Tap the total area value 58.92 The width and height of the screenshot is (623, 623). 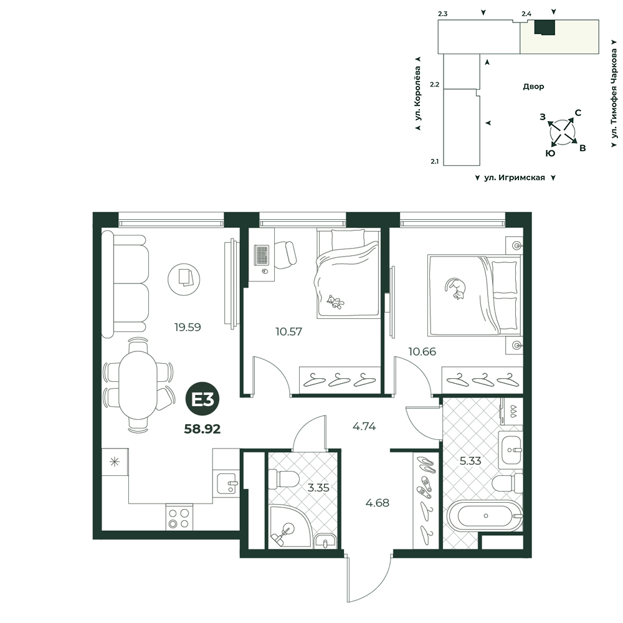tap(202, 429)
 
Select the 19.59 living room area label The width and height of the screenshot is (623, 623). tap(188, 328)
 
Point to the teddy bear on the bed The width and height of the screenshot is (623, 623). tap(335, 302)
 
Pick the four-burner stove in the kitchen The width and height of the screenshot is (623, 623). tap(179, 517)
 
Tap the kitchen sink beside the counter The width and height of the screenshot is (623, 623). tap(227, 483)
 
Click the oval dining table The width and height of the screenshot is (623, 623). tap(138, 385)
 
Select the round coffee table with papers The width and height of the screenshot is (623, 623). tap(184, 279)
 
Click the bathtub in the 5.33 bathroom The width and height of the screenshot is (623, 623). tap(485, 516)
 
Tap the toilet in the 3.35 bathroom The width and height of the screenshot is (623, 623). tap(283, 478)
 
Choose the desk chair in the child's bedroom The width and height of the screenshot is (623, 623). tap(285, 254)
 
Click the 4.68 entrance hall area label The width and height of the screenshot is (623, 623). tap(378, 503)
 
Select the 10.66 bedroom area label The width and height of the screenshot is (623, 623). tap(422, 351)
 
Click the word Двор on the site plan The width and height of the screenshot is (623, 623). tap(533, 87)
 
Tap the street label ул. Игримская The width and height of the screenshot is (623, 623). tap(515, 178)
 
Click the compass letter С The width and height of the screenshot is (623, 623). tap(578, 113)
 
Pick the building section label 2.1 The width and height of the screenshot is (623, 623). tap(434, 162)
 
